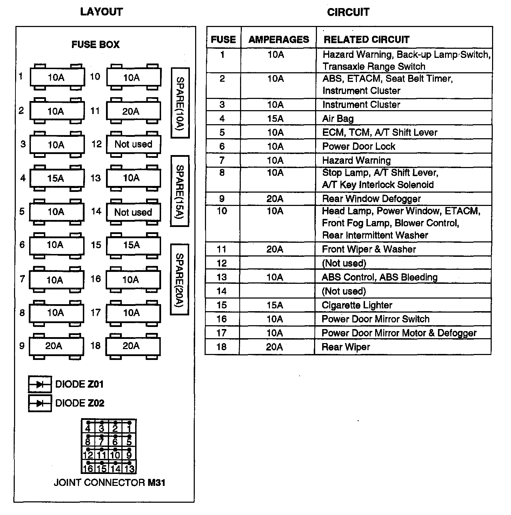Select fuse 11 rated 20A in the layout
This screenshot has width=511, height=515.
click(133, 111)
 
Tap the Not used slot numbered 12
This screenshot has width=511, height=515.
click(133, 144)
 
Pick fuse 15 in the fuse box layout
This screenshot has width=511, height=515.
click(133, 245)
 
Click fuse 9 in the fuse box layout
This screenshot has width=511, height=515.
click(56, 346)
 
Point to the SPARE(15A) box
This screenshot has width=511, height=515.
click(180, 191)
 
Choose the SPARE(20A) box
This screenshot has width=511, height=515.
click(179, 279)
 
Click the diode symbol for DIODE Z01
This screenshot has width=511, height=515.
click(40, 384)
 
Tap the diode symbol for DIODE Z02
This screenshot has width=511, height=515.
click(40, 403)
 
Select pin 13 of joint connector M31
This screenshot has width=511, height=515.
click(129, 468)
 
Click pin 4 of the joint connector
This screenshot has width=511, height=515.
click(88, 428)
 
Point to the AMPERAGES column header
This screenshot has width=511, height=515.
click(279, 39)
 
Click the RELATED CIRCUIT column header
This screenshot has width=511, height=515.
click(366, 39)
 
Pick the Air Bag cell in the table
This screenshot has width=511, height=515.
click(338, 119)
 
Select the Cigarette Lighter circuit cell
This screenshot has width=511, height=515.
click(357, 305)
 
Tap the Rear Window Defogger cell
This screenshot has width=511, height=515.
click(371, 199)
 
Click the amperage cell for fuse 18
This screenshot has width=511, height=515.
click(274, 347)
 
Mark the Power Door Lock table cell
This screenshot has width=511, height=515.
click(358, 146)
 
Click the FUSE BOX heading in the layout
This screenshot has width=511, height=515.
click(95, 45)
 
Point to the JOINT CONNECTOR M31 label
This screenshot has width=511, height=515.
click(109, 482)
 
